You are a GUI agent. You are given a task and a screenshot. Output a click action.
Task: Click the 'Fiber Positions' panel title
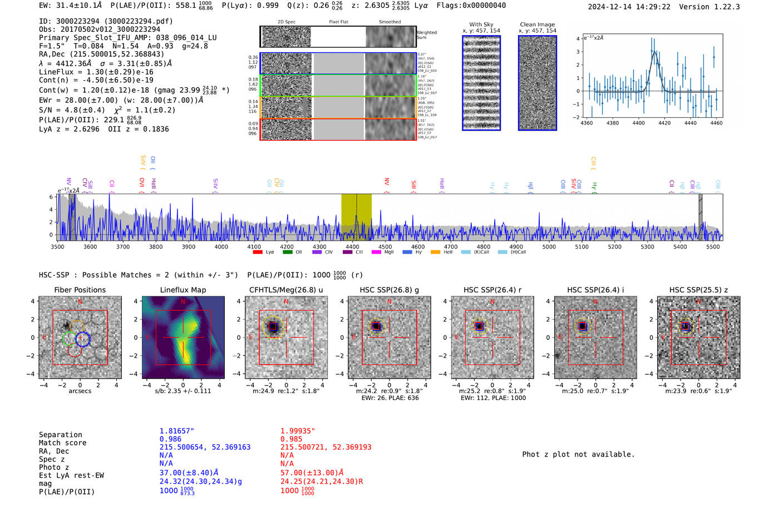click(80, 290)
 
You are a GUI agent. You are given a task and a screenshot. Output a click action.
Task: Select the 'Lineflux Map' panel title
click(183, 290)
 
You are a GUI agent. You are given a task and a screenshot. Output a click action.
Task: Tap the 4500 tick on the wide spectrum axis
click(385, 246)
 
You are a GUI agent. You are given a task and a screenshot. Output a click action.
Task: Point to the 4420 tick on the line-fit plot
click(664, 123)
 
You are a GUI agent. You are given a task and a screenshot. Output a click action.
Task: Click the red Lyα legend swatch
click(258, 252)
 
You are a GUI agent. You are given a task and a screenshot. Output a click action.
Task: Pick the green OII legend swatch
click(287, 252)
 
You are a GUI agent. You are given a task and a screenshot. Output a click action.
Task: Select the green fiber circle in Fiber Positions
click(69, 338)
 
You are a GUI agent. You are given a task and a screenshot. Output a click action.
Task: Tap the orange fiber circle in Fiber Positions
click(77, 327)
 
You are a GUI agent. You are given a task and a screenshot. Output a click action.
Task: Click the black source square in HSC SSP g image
click(376, 326)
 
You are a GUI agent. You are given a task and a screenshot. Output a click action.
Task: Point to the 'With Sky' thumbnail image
click(481, 83)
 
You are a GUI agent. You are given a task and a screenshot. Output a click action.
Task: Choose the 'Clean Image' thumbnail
click(538, 83)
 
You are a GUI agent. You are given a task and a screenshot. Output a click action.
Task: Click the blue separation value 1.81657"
click(177, 431)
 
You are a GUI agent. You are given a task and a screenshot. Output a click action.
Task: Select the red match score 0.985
click(292, 439)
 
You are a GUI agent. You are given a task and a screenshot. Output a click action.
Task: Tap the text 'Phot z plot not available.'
click(578, 454)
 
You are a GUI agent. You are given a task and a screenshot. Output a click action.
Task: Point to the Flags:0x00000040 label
click(471, 6)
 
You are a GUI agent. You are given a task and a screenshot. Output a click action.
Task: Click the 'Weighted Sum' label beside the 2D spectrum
click(427, 35)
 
